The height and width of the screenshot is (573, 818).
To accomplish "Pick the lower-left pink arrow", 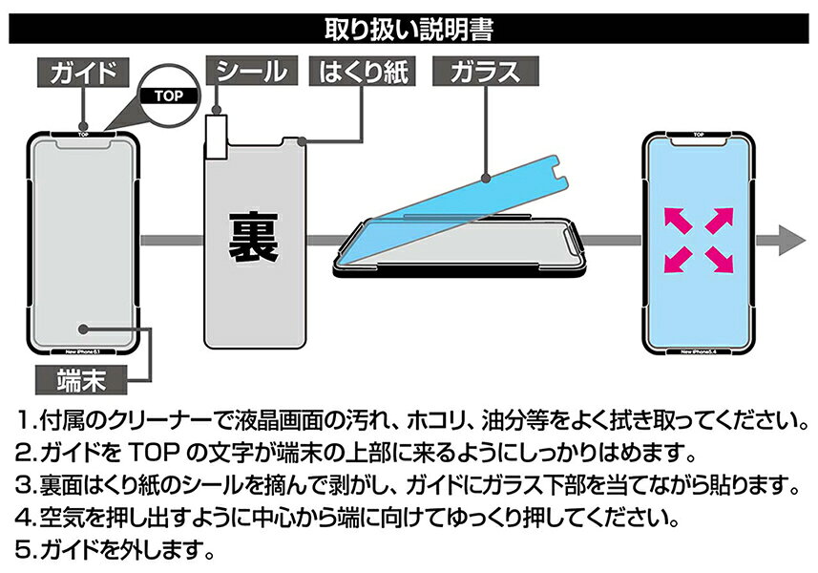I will (676, 259).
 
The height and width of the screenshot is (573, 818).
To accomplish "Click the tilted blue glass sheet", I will (449, 205).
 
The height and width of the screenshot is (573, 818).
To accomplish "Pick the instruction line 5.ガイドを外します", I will (115, 551).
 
